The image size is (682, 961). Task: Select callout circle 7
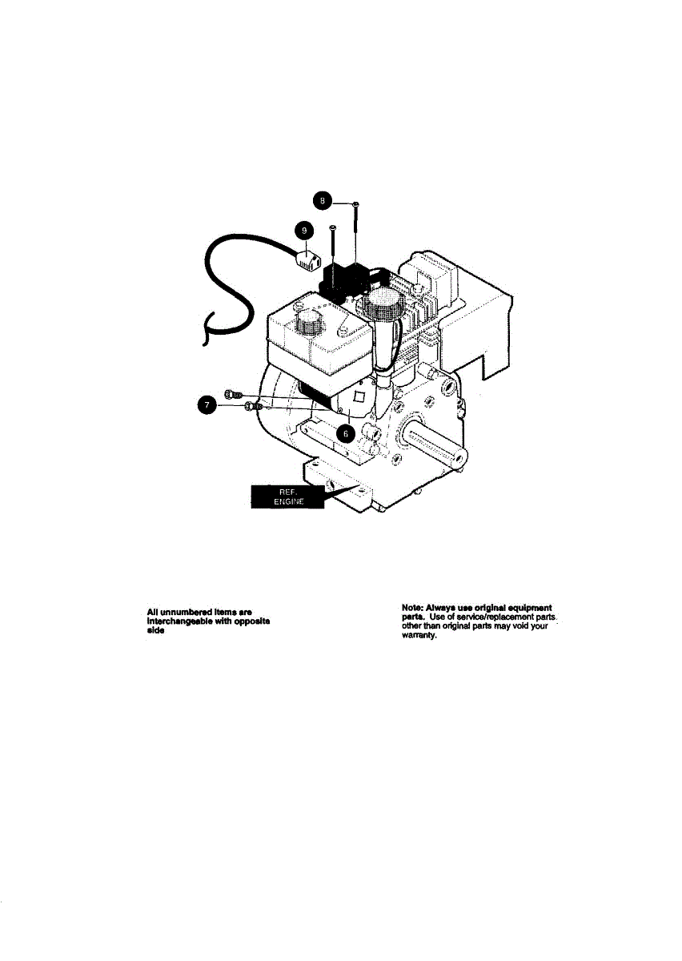[208, 406]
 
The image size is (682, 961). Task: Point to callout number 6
[346, 431]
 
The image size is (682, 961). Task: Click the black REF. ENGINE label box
[287, 496]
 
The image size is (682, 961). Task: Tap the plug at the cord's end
[308, 258]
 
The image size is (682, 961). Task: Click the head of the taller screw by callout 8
[355, 204]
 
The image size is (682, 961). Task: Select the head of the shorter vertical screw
[333, 228]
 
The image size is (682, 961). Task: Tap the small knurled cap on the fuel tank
[307, 324]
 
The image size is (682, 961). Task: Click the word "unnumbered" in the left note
[186, 613]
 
